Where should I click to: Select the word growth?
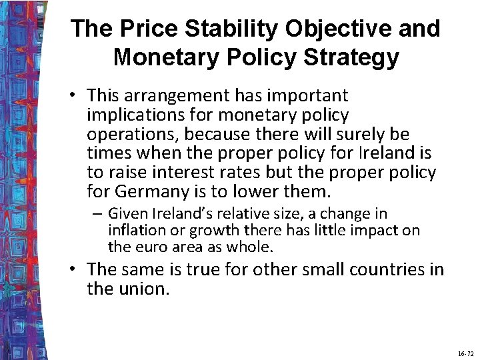click(x=215, y=231)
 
